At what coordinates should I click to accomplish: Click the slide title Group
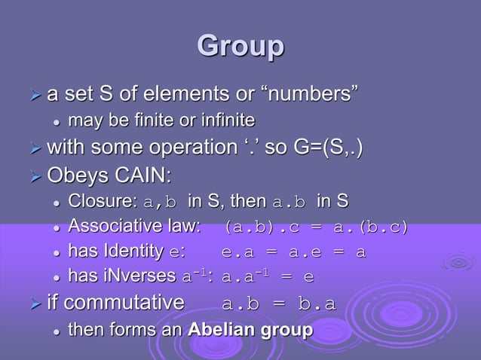240,46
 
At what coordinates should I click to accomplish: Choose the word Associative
114,226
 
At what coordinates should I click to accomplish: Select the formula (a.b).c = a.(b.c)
316,227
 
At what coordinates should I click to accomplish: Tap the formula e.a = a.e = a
294,252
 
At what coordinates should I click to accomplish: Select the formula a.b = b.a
279,304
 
